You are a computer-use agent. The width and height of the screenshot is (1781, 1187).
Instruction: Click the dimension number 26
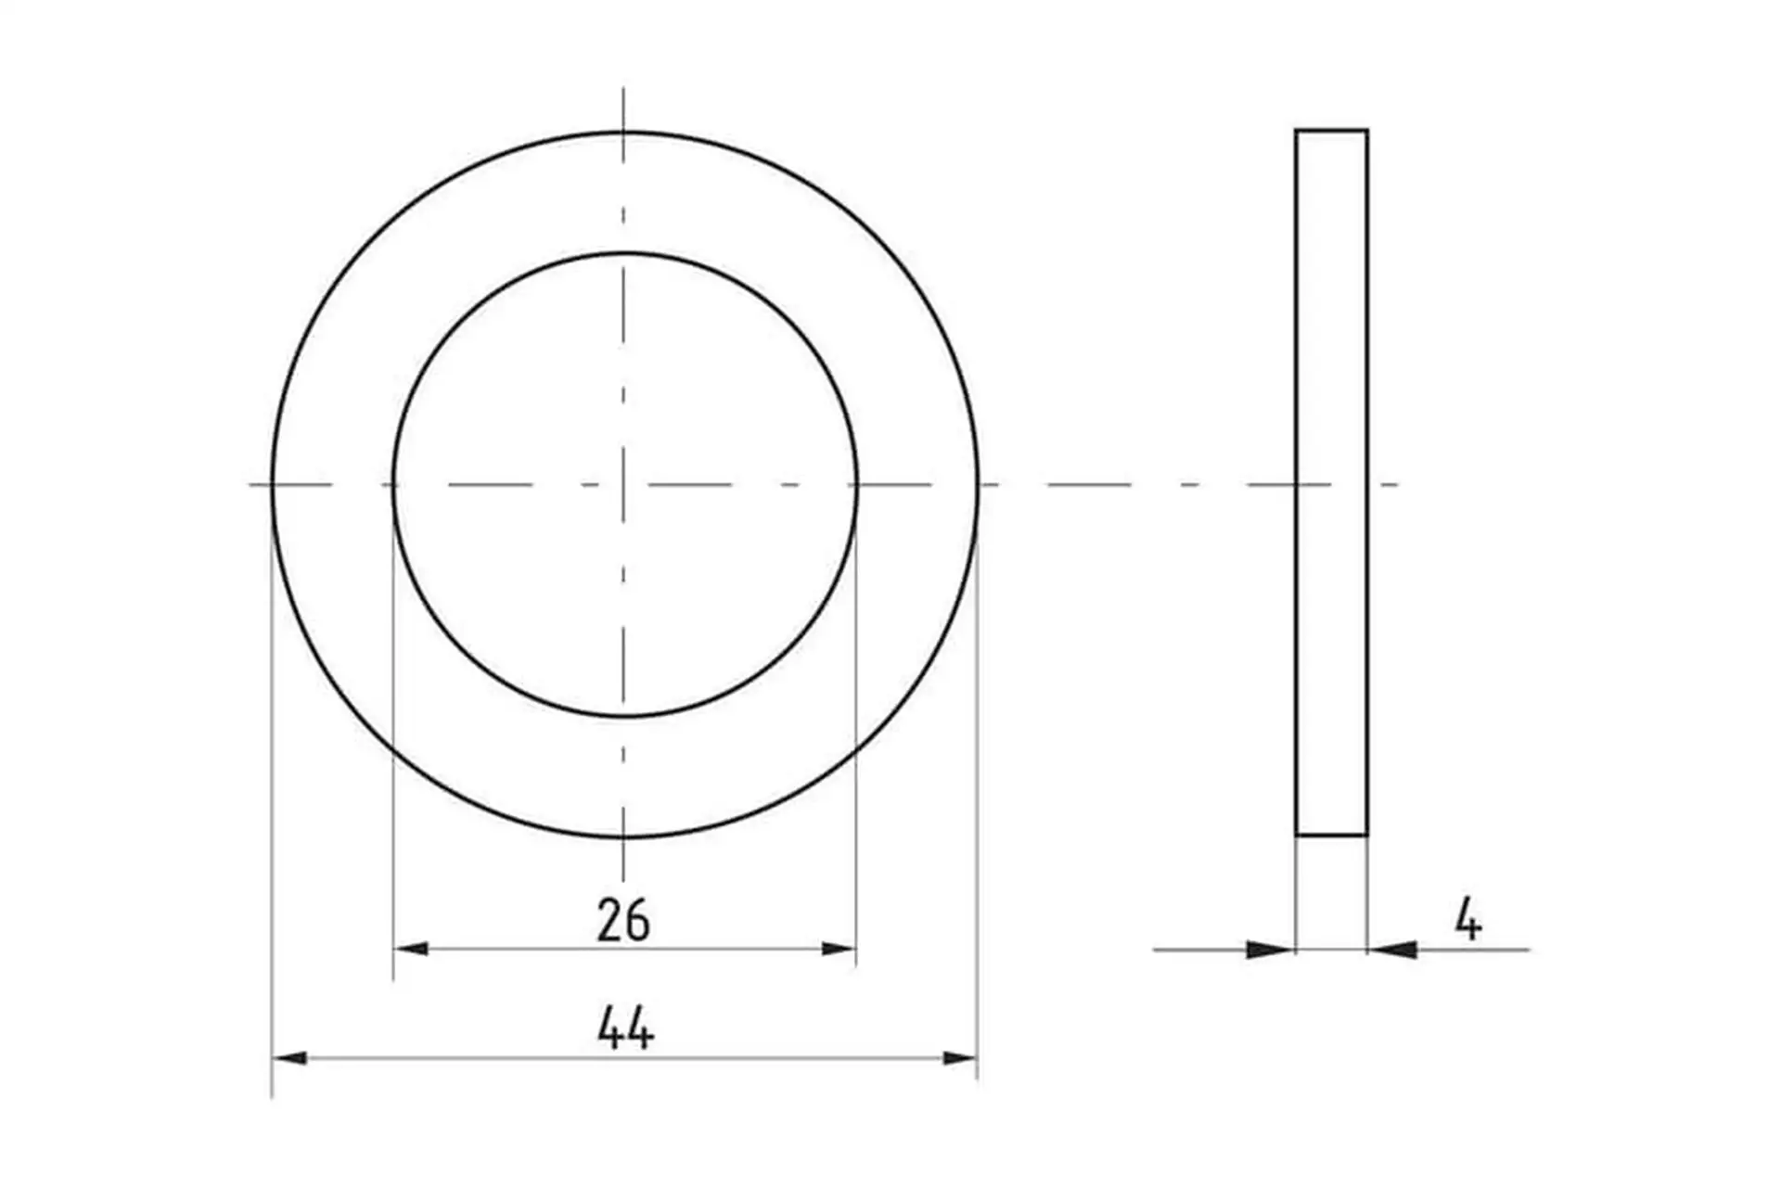point(623,920)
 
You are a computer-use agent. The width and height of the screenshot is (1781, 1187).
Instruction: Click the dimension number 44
point(626,1028)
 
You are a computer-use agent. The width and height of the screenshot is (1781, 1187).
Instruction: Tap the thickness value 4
point(1467,920)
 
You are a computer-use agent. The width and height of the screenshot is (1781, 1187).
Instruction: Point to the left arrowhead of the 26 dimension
point(411,949)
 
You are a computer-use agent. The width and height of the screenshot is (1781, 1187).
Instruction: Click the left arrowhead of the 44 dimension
point(289,1058)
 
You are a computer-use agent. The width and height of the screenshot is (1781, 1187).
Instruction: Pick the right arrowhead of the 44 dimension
point(960,1058)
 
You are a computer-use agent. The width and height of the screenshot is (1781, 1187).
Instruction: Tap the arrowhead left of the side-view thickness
point(1271,950)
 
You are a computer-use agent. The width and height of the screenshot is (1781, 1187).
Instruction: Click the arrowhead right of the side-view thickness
point(1392,950)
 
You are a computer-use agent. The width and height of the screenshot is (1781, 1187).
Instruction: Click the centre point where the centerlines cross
point(623,484)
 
